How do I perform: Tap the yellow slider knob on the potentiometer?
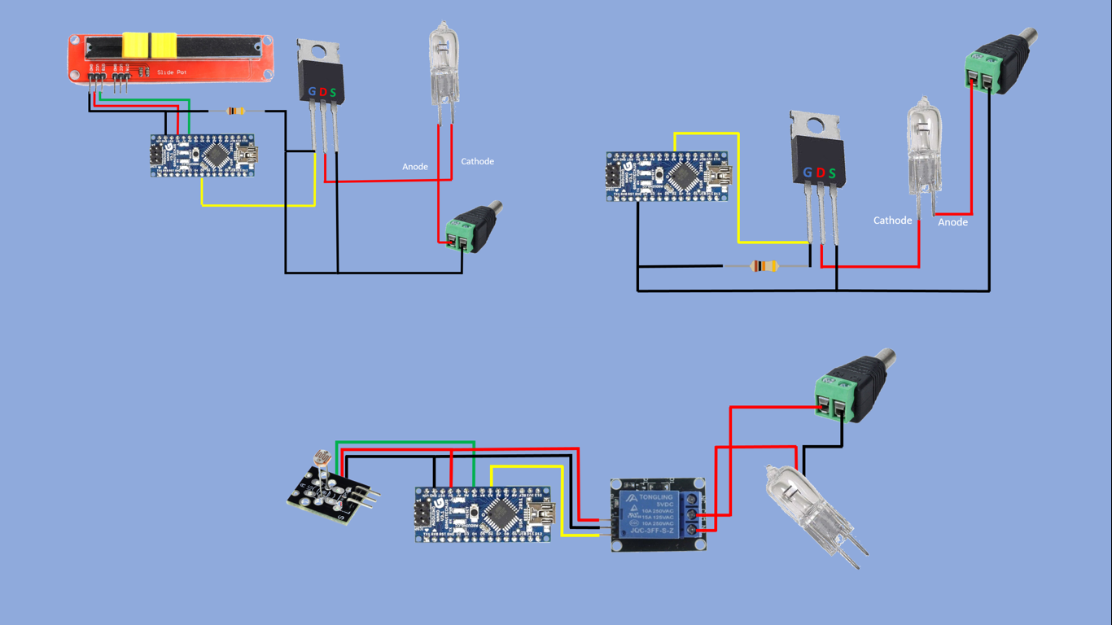(150, 46)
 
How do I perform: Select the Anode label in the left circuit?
(415, 167)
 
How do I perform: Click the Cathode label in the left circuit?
(477, 161)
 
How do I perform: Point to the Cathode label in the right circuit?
(892, 221)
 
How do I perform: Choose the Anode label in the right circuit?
(952, 222)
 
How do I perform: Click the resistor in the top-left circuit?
(236, 111)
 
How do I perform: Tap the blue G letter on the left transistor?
(312, 92)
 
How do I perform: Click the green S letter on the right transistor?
(832, 173)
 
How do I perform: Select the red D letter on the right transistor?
(820, 173)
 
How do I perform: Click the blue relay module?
(659, 514)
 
